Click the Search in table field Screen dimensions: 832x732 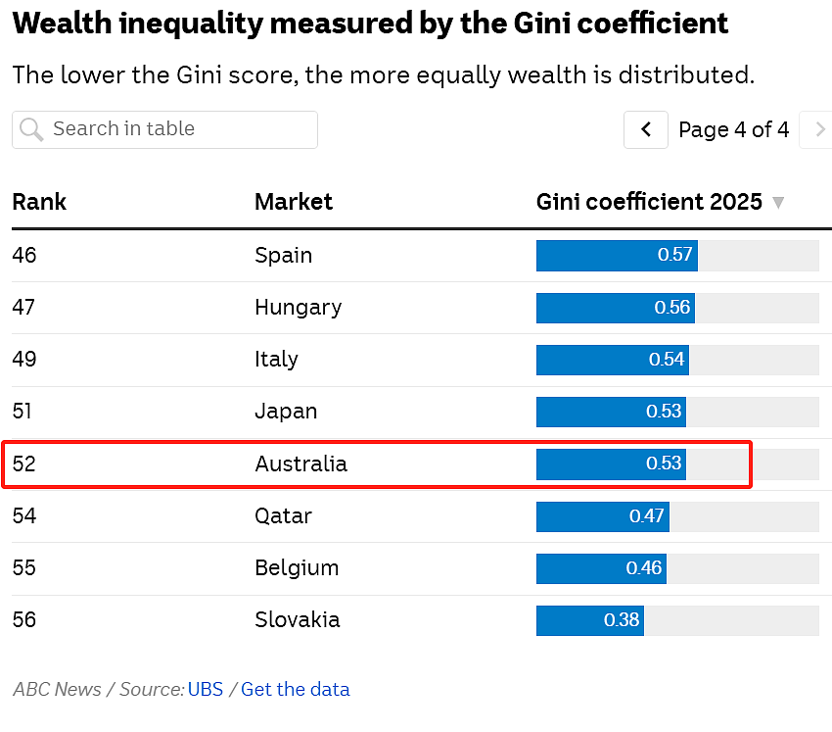point(164,129)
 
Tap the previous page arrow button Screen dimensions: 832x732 point(646,129)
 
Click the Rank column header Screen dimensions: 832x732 point(39,202)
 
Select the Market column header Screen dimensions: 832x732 point(294,202)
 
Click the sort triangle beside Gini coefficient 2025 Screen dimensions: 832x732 point(778,203)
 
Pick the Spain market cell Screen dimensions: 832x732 point(283,255)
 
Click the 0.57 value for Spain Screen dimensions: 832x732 point(674,255)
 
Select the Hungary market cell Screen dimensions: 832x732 point(299,308)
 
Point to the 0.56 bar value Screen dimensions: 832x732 point(671,307)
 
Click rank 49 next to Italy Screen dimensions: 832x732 point(24,359)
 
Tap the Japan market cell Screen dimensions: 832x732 point(286,412)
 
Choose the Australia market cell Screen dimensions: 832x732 point(300,464)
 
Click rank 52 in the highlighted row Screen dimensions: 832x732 point(23,464)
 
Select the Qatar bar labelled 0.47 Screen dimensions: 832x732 point(603,516)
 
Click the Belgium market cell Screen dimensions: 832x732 point(297,567)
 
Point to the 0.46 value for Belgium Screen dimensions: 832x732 point(644,567)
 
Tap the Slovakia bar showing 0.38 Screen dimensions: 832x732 point(590,620)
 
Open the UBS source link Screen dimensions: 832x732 point(206,690)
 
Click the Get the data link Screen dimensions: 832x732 point(296,690)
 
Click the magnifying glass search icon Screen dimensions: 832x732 point(31,129)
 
